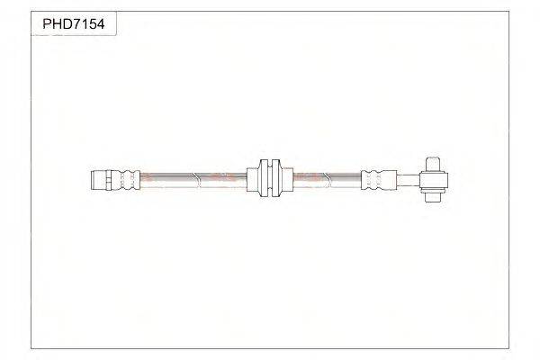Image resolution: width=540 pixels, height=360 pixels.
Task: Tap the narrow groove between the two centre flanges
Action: tap(268, 178)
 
